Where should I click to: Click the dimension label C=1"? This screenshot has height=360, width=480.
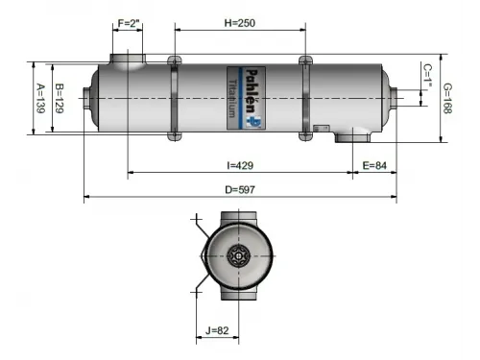coord(427,75)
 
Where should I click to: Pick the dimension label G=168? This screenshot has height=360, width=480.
coord(448,97)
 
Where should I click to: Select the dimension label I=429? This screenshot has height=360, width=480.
coord(228,165)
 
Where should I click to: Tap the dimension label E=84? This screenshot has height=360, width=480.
coord(375,165)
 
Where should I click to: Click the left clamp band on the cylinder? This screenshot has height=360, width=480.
coord(175,98)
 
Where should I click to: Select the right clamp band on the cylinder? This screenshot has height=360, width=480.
coord(305,98)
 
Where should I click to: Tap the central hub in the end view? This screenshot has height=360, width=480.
coord(238,257)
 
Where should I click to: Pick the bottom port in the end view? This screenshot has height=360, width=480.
coord(238,298)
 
